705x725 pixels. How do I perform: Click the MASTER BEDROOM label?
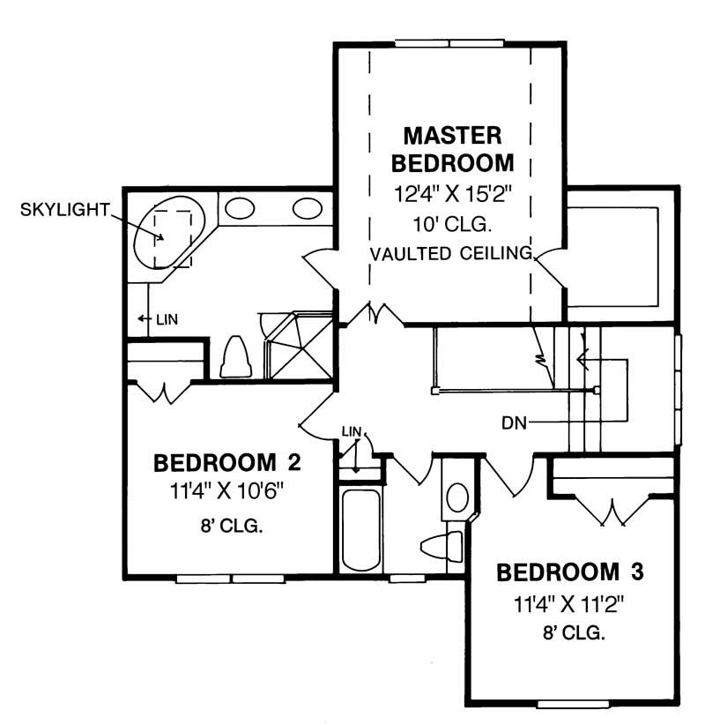[452, 149]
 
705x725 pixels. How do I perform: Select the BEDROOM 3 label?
[570, 572]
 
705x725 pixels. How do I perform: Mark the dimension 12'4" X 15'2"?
[452, 193]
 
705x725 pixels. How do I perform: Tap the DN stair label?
[515, 422]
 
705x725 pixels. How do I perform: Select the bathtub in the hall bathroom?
[360, 530]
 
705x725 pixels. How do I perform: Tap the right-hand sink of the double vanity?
[308, 208]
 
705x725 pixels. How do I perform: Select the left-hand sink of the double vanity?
[238, 208]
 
